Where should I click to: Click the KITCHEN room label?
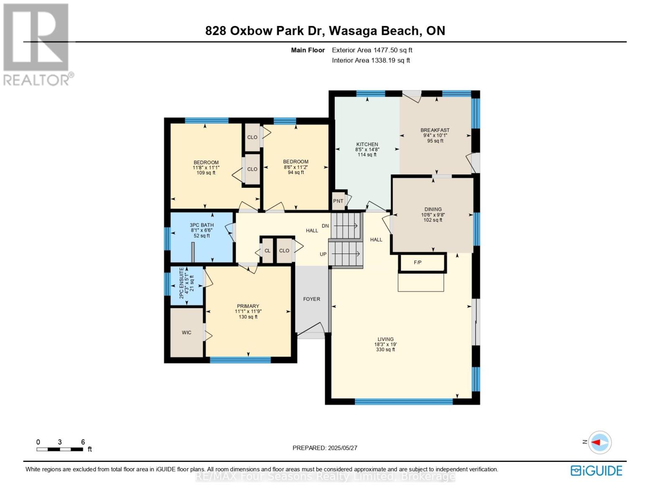coord(367,144)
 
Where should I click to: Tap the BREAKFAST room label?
coord(435,130)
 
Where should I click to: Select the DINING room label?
coord(433,209)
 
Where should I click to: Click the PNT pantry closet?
coord(338,201)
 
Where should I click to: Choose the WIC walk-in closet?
coord(187,333)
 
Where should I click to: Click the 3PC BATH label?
coord(202,225)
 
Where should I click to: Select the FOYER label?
coord(311,299)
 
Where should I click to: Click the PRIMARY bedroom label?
coord(248,306)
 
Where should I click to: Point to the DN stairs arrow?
coord(345,226)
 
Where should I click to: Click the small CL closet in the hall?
coord(267,251)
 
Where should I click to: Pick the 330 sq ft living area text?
coord(385,350)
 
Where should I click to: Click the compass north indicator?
coord(599,442)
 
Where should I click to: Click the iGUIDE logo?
coord(596,471)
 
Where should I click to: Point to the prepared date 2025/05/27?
coord(325,448)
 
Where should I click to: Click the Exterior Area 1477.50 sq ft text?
coord(372,50)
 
